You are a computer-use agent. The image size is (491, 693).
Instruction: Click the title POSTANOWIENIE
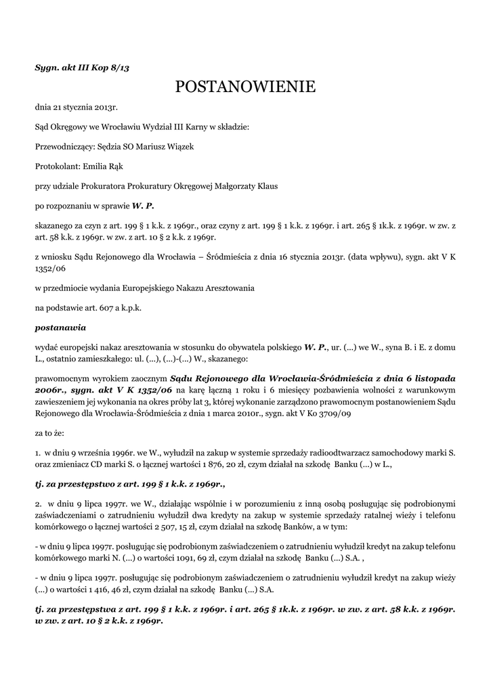245,87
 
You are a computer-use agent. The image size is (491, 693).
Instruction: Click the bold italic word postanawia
60,327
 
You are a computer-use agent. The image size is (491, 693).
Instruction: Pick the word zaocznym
146,377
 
